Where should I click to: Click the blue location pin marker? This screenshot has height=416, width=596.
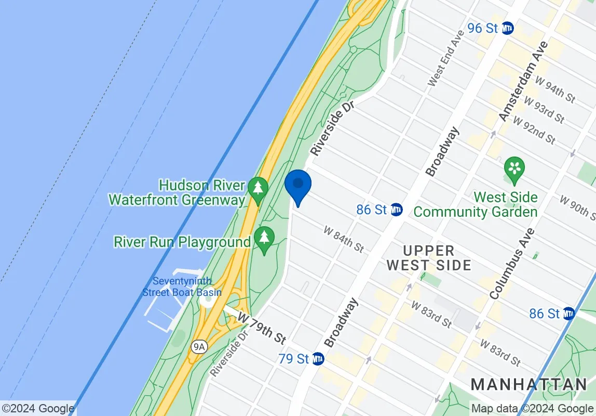298,186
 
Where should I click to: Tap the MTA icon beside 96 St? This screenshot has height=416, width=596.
507,28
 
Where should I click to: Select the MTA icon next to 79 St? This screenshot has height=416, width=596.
318,358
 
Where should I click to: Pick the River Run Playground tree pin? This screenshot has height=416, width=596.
265,239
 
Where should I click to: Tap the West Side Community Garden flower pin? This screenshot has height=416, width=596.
514,170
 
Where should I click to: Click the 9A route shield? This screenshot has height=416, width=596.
198,347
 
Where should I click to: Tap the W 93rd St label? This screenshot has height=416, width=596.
544,109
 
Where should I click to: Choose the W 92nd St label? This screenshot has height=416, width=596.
535,129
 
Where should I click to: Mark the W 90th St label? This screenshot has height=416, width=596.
577,206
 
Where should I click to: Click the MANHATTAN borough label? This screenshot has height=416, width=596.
529,385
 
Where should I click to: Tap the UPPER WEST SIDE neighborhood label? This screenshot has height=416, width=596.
429,257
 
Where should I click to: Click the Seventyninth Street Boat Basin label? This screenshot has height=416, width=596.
182,287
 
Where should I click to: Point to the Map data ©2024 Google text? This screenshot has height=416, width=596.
532,408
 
